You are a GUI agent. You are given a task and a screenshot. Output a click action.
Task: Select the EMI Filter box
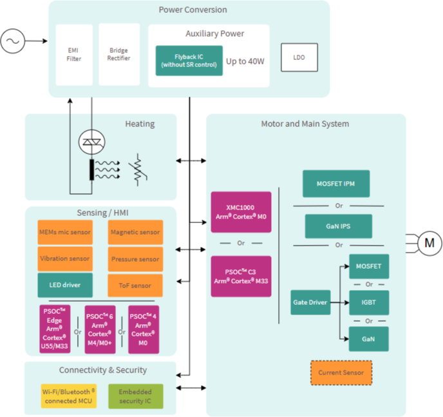click(74, 55)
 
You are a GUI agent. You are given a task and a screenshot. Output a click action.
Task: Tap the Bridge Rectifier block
click(119, 54)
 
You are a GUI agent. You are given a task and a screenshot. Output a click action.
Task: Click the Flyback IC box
click(189, 61)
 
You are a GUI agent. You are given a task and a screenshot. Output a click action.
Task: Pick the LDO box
click(299, 57)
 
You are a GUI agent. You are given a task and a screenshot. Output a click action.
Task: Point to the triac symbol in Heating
click(92, 142)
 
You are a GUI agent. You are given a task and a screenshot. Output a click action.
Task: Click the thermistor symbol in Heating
click(138, 170)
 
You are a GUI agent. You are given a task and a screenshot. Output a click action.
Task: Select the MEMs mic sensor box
click(65, 232)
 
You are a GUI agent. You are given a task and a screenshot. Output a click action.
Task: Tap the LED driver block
click(65, 285)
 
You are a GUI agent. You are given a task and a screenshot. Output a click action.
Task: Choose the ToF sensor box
click(135, 286)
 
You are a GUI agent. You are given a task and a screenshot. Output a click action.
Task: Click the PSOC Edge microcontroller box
click(55, 329)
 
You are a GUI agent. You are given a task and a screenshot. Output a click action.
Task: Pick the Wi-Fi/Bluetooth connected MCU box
click(69, 396)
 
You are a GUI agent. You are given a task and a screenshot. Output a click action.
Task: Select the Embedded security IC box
click(136, 396)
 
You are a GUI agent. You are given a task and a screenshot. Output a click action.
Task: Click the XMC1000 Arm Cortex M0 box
click(241, 212)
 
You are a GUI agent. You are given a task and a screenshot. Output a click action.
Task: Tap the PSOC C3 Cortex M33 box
click(241, 276)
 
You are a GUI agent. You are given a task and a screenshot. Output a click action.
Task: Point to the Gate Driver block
click(310, 302)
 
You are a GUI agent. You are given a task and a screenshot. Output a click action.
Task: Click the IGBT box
click(369, 302)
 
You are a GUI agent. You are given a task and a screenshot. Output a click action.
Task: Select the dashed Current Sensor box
click(341, 373)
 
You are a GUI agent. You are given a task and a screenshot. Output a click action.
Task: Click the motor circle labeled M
click(429, 244)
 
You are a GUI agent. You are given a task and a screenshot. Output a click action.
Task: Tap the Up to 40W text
click(245, 61)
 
